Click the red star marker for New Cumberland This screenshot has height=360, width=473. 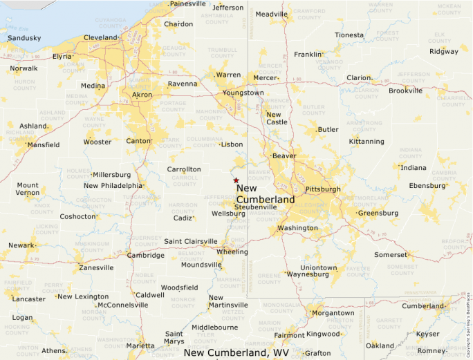tap(236, 180)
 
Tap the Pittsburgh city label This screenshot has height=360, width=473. tap(322, 189)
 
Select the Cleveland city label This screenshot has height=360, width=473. tap(100, 37)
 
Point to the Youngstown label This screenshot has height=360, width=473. tap(243, 93)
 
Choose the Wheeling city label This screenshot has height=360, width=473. tap(232, 252)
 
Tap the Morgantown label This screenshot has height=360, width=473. tap(333, 313)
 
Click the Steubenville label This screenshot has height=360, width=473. tap(255, 207)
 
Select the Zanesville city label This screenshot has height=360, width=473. tap(96, 267)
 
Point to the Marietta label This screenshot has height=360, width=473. tap(141, 345)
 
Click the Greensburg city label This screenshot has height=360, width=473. tap(378, 213)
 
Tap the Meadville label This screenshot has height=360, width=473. tap(271, 14)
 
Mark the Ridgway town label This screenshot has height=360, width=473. tap(443, 51)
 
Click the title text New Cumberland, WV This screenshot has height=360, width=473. tap(236, 352)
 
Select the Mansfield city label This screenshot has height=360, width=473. tap(43, 144)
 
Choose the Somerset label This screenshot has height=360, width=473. tap(391, 255)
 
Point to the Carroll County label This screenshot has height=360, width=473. tap(184, 180)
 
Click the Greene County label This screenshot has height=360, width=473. tap(269, 278)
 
